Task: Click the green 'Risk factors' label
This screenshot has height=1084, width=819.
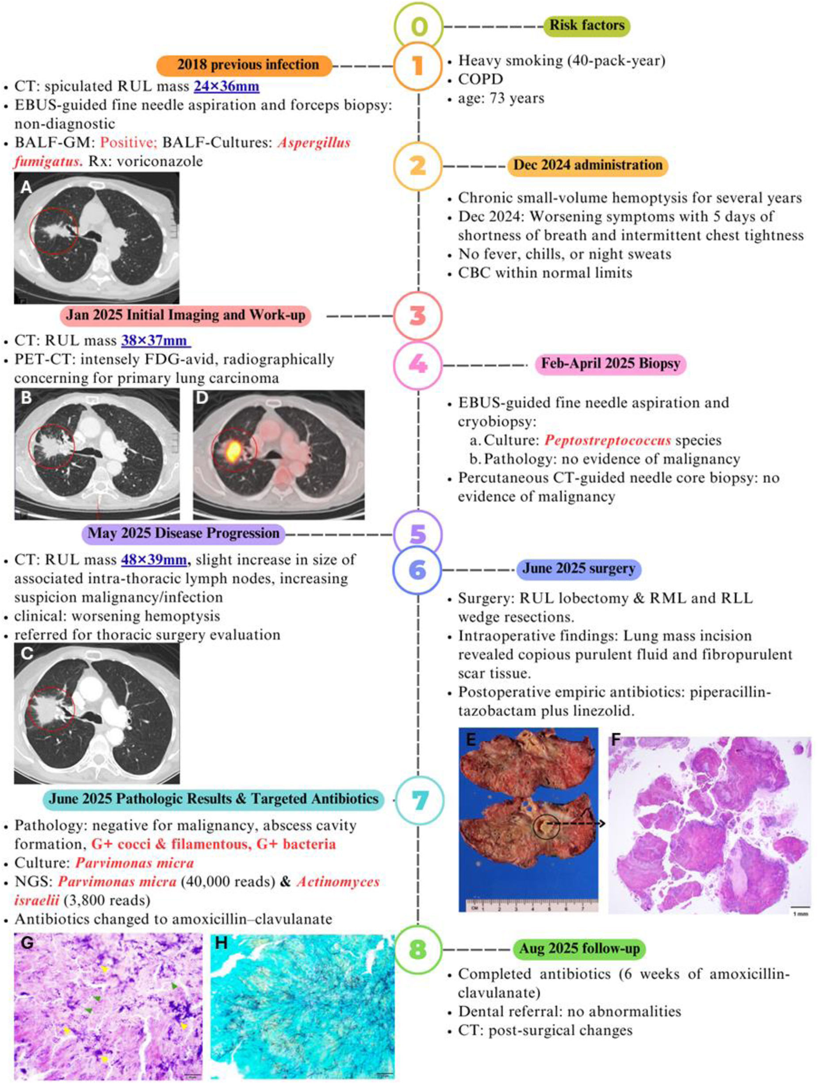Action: point(587,26)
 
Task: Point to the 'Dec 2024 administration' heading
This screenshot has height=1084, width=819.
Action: point(587,165)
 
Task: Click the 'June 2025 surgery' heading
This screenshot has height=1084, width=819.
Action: point(578,569)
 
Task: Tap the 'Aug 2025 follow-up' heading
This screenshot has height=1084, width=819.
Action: point(579,949)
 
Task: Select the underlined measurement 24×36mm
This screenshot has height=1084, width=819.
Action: point(226,86)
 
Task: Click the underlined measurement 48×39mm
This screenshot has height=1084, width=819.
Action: point(154,560)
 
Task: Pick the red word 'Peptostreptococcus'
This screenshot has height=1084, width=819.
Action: point(607,440)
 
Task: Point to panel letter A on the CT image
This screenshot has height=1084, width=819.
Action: point(26,186)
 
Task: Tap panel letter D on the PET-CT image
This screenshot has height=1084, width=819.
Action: point(202,397)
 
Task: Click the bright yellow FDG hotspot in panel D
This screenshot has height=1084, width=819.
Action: point(234,448)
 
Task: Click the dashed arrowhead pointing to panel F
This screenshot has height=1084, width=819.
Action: point(602,824)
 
